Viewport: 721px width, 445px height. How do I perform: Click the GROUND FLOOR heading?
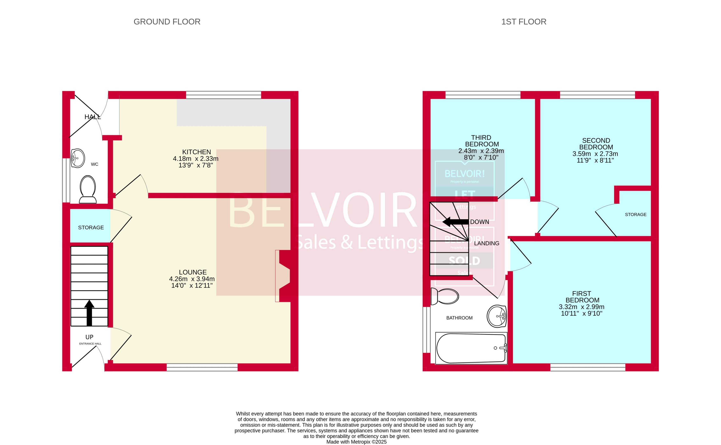click(167, 22)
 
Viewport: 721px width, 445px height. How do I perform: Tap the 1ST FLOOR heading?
click(523, 22)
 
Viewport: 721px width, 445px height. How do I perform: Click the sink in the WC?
click(78, 158)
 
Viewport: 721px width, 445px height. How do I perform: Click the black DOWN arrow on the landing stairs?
click(455, 222)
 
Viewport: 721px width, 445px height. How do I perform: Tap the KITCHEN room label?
click(196, 152)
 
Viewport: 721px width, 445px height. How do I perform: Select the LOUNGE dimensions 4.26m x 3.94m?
click(192, 279)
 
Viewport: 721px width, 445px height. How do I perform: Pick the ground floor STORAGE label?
click(91, 227)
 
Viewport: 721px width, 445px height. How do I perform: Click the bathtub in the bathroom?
click(471, 348)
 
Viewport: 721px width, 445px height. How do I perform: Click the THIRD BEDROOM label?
click(481, 141)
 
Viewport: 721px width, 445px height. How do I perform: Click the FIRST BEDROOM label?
click(582, 297)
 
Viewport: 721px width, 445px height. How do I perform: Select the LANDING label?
click(486, 243)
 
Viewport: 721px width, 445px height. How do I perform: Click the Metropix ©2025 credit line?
click(356, 442)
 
